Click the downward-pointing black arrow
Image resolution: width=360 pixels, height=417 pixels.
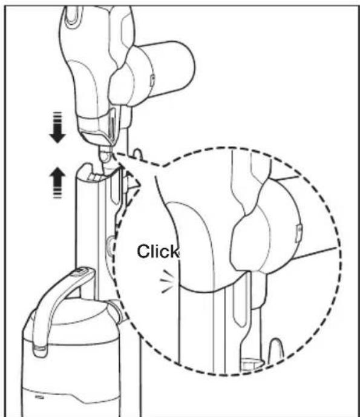57,127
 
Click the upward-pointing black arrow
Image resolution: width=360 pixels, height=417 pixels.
57,182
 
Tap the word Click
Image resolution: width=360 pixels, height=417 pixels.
158,251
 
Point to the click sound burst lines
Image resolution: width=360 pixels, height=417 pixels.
168,281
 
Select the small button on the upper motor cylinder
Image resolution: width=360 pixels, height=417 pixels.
152,80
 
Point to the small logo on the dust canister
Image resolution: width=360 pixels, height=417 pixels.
39,397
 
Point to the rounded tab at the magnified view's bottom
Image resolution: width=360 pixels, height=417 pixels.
277,350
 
